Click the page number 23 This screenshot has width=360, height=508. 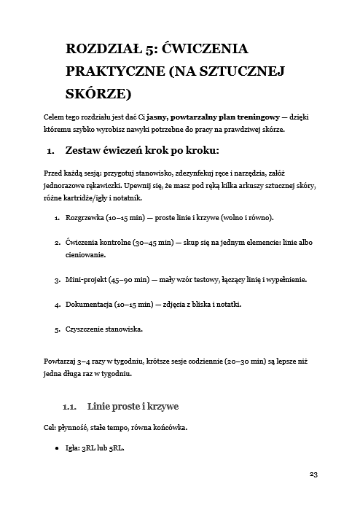point(314,474)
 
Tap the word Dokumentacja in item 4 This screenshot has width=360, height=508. point(90,304)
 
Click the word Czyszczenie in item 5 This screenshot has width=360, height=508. point(88,329)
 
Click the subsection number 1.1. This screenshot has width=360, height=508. point(72,405)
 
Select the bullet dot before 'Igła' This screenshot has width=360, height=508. point(57,448)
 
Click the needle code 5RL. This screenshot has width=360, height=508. point(114,448)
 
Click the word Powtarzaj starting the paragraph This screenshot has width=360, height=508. point(64,361)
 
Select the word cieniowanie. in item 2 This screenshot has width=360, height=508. point(86,255)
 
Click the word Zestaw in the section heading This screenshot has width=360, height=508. point(85,152)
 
